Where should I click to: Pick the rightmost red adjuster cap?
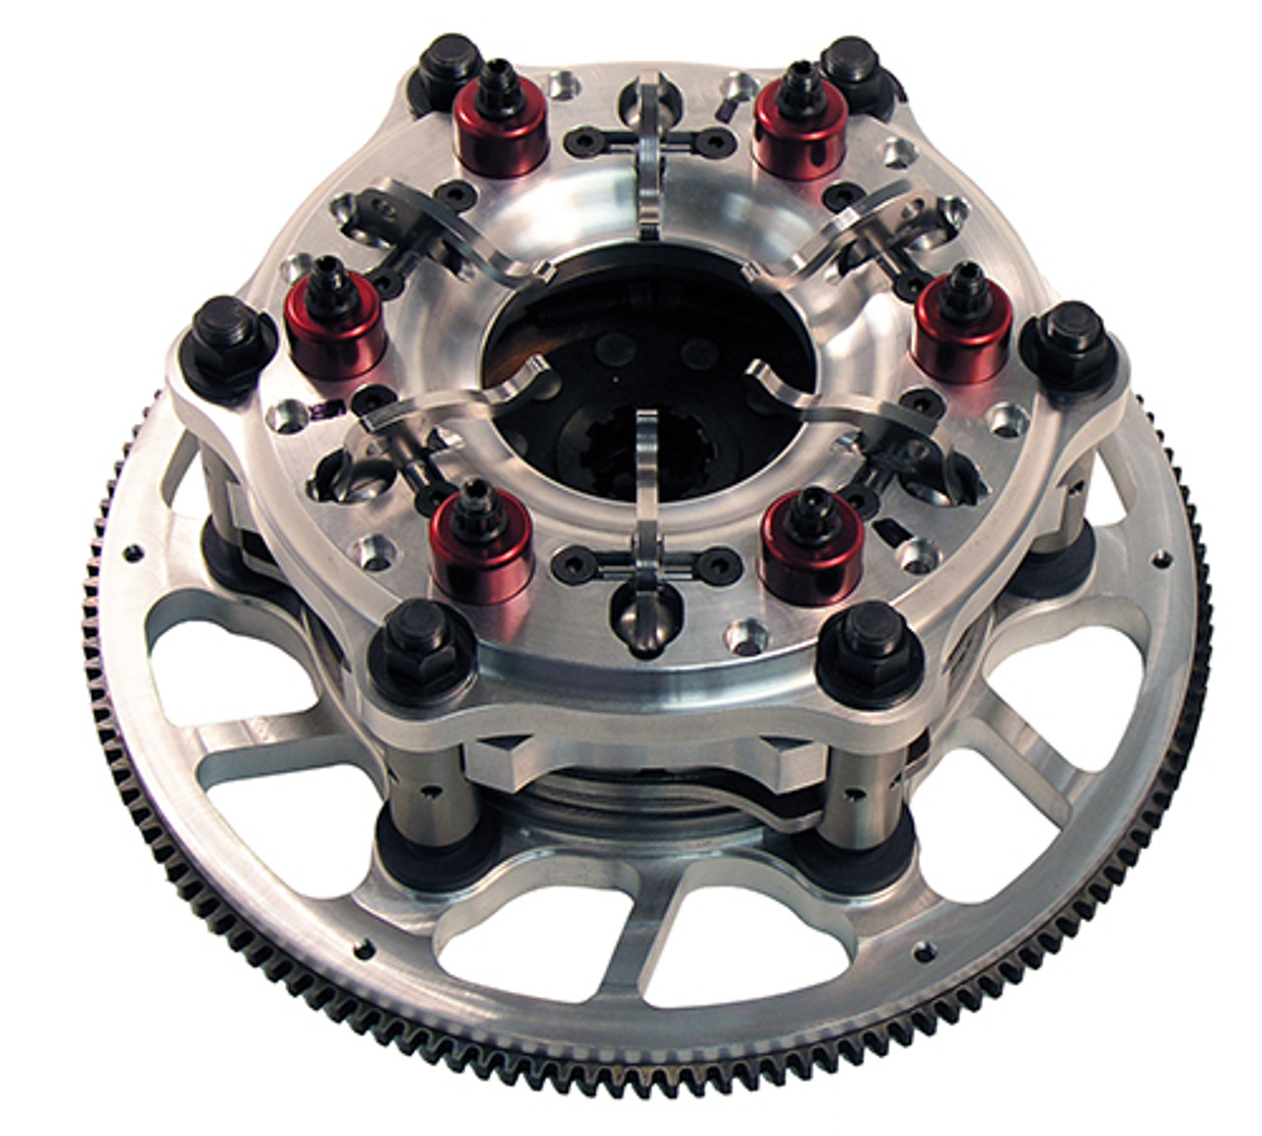pos(962,316)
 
